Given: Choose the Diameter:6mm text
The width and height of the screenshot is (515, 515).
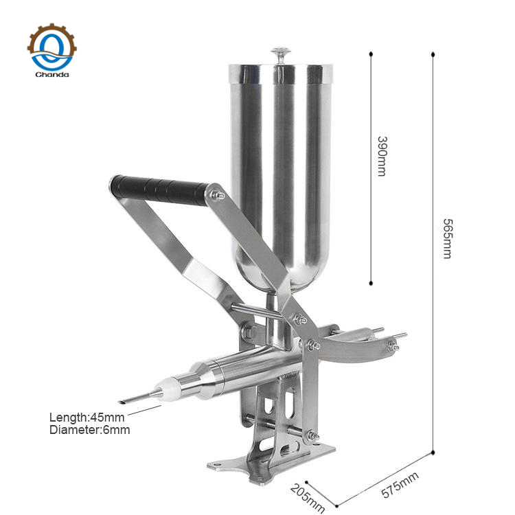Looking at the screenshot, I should (x=89, y=430).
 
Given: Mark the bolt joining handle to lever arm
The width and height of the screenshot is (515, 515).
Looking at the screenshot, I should (x=219, y=196).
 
